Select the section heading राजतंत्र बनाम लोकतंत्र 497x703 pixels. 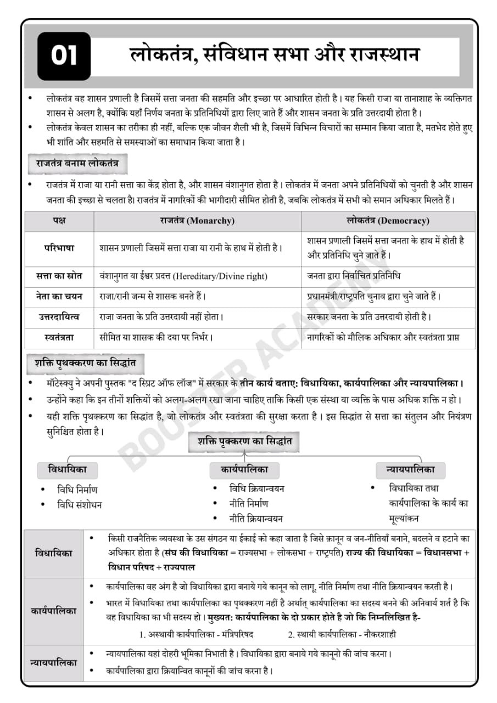point(77,164)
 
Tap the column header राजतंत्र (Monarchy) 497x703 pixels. point(197,221)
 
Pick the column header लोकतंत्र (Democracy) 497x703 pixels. point(388,221)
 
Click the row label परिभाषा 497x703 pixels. point(59,248)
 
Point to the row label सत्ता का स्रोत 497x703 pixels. point(59,276)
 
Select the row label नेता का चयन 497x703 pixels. point(59,297)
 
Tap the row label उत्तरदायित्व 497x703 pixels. point(59,317)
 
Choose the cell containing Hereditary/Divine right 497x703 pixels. point(183,276)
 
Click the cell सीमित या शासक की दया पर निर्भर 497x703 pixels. point(156,337)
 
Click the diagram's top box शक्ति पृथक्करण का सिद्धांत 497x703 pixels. point(244,441)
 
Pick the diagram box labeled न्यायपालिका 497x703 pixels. point(410,470)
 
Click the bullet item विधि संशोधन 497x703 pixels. point(79,505)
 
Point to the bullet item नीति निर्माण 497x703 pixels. point(248,503)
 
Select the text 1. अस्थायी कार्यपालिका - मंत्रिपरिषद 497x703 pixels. point(196,634)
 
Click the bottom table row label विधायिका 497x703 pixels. point(53,553)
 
